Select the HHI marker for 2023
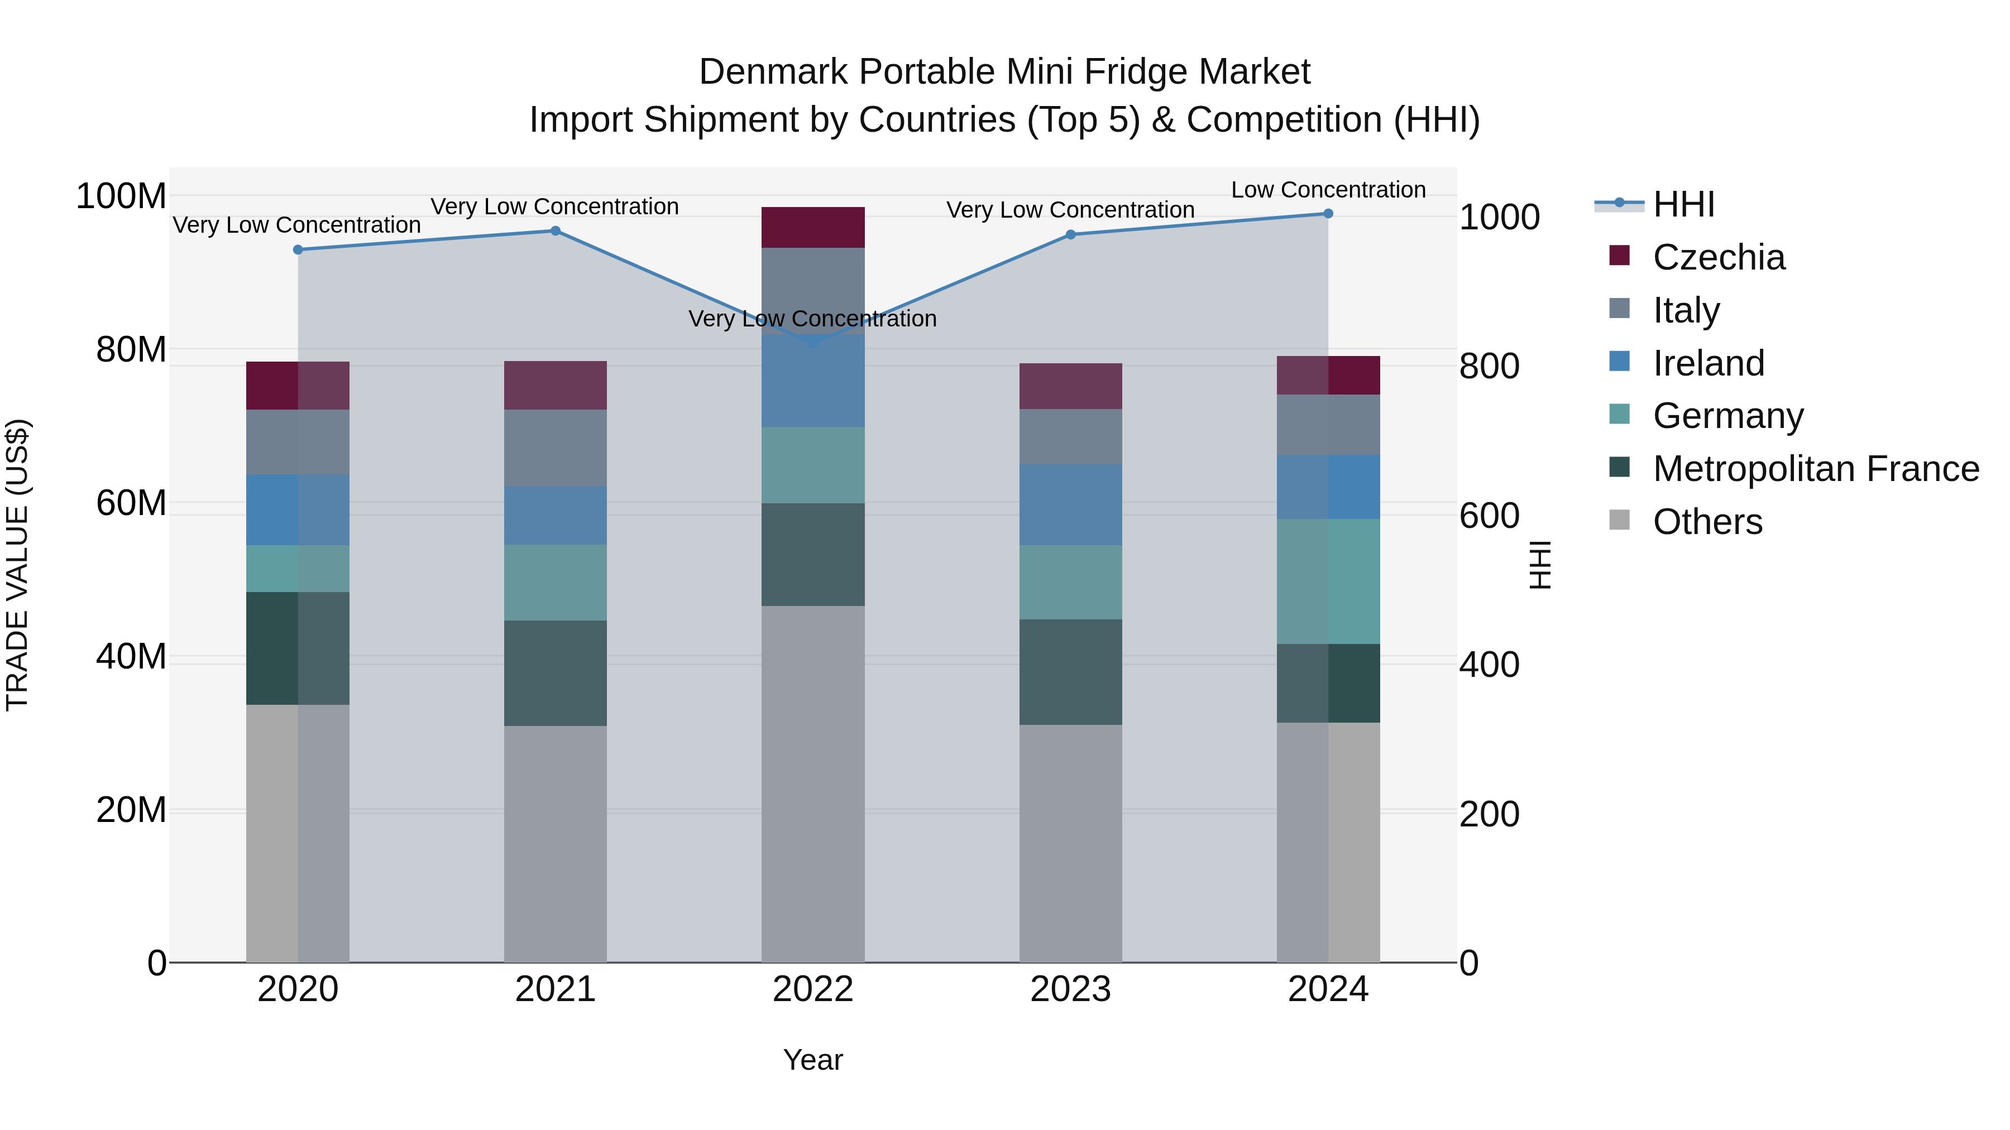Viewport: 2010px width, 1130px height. click(x=1070, y=235)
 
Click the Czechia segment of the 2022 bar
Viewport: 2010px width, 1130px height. click(x=812, y=228)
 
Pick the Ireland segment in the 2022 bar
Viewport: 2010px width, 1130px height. click(x=812, y=381)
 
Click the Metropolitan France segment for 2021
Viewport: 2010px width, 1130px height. click(x=555, y=673)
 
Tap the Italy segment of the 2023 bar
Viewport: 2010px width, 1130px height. click(x=1070, y=437)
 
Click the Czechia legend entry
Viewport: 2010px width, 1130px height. click(x=1718, y=257)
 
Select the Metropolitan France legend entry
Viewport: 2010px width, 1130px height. click(x=1815, y=469)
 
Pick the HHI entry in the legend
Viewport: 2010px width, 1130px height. click(x=1683, y=204)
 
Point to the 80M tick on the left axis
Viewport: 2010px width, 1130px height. click(x=131, y=350)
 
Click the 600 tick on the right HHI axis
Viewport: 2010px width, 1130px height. click(x=1489, y=516)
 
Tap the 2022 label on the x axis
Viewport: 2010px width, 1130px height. click(x=812, y=989)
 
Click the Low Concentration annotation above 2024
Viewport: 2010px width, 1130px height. click(x=1328, y=190)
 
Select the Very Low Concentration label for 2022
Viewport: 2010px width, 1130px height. click(x=812, y=319)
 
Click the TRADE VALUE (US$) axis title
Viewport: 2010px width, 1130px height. click(x=17, y=565)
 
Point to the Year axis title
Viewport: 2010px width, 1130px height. click(x=812, y=1060)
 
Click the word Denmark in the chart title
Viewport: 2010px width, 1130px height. click(x=773, y=72)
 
